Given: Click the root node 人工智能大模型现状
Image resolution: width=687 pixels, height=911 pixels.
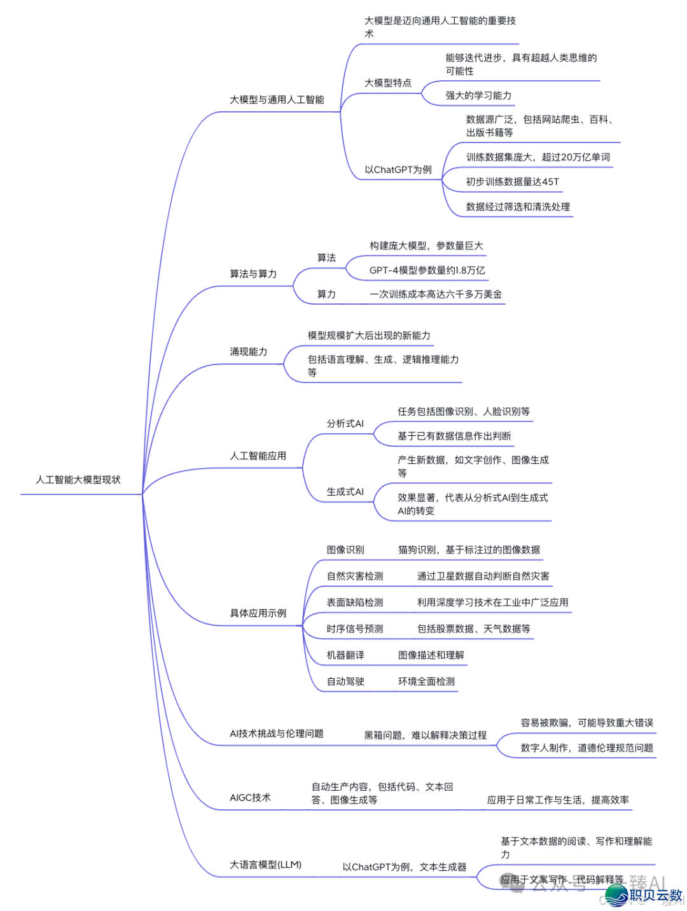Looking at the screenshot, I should (78, 480).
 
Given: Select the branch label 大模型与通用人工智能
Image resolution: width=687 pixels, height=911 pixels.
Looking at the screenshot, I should (277, 100).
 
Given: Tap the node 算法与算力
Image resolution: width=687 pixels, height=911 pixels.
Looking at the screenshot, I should (253, 274).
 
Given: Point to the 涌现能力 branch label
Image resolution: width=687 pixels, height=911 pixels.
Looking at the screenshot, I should (248, 352).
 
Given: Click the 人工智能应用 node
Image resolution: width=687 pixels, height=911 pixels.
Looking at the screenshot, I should (258, 456).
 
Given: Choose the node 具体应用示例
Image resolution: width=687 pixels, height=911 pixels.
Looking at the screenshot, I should (258, 613).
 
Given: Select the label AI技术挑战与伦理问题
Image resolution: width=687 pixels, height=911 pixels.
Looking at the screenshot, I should (276, 734).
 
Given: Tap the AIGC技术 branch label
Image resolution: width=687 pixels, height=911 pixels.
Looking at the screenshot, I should (250, 798).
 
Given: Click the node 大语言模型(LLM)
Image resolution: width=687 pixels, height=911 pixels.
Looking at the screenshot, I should (265, 865).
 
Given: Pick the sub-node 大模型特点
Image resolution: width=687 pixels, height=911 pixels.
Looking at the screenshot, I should (387, 83).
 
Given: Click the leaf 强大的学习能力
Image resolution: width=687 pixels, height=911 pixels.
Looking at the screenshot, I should (478, 95).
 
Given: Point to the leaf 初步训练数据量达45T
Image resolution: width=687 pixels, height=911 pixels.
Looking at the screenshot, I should (512, 182).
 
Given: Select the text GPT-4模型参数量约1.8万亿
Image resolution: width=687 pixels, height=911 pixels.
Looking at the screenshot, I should (427, 270).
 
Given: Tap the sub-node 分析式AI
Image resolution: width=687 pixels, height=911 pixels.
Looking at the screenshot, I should (345, 424).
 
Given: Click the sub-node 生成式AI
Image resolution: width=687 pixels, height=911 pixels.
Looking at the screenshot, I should (345, 492).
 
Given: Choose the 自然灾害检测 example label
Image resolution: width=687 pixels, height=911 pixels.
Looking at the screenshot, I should (354, 576).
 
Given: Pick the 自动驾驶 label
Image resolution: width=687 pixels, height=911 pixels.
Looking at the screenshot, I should (345, 681).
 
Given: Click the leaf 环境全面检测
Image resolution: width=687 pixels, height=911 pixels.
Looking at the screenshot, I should (426, 681).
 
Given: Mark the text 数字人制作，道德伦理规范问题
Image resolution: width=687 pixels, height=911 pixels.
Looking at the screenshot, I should (586, 748).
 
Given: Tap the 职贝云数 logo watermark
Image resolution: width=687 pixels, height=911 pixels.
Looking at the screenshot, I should (644, 895).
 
